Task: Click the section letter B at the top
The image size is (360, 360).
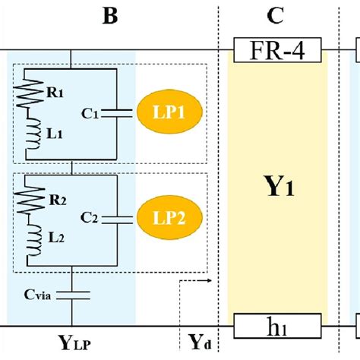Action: click(110, 16)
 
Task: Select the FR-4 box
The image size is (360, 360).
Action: click(279, 52)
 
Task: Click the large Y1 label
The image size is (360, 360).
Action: click(278, 187)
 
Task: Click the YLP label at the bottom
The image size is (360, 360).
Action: click(76, 343)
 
